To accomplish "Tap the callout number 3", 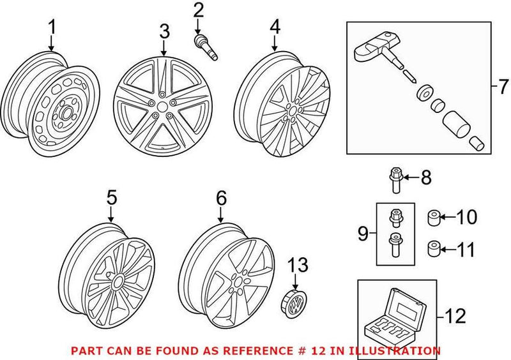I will coord(164,31).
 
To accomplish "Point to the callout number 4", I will coord(275,27).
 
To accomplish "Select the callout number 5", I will coord(111,198).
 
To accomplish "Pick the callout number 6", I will coord(221,198).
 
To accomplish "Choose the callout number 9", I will coord(363,234).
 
